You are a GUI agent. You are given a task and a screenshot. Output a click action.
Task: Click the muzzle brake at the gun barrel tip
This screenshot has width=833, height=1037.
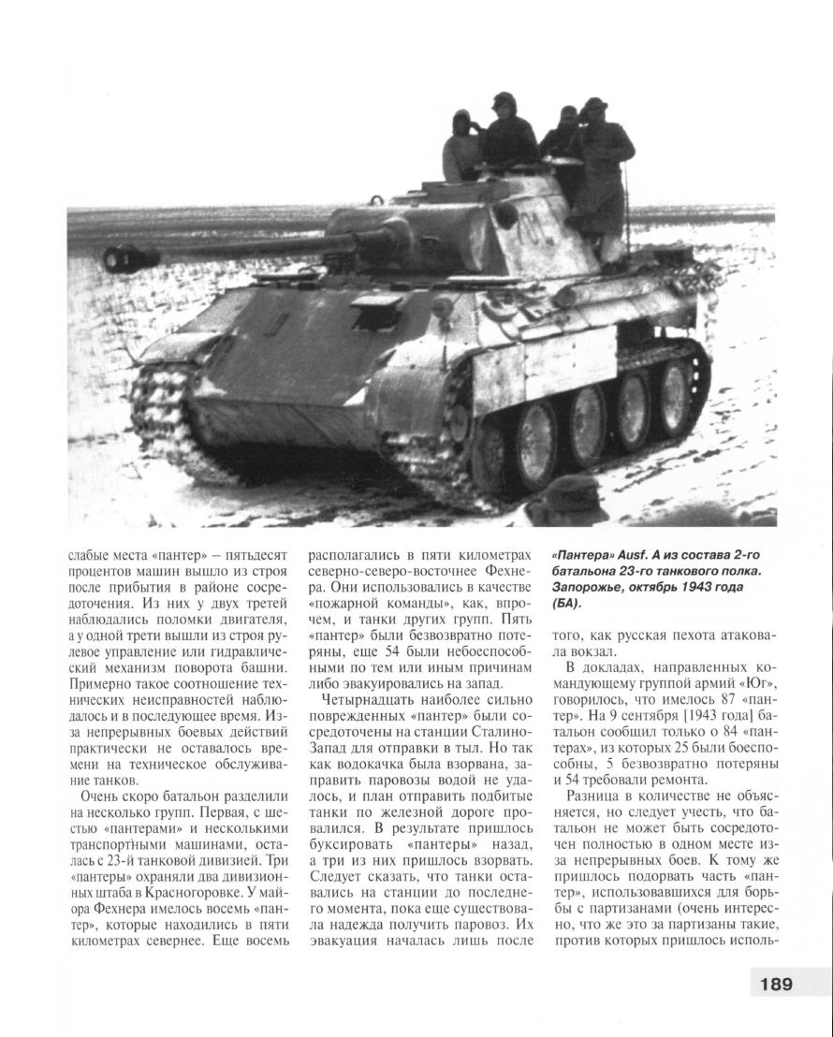(120, 255)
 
